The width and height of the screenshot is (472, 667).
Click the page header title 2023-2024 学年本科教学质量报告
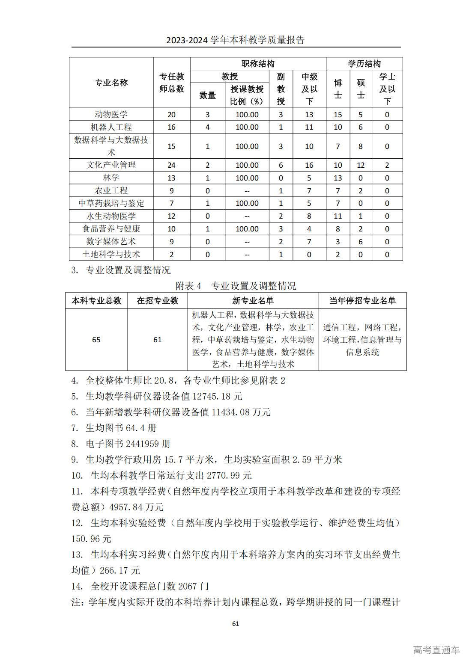click(x=236, y=40)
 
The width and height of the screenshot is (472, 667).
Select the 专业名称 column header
click(x=111, y=83)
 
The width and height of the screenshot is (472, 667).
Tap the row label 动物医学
click(x=111, y=114)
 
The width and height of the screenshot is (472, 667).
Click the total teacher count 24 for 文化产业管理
click(x=171, y=165)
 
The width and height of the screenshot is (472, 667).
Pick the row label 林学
click(x=111, y=178)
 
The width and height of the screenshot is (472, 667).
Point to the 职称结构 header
click(x=258, y=64)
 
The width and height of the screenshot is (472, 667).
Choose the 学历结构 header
click(x=364, y=64)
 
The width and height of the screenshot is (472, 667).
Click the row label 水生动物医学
click(x=111, y=216)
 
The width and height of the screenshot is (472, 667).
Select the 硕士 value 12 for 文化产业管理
click(x=361, y=165)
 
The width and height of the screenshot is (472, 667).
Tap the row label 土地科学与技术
click(x=111, y=254)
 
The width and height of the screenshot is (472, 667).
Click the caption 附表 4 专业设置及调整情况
click(x=236, y=286)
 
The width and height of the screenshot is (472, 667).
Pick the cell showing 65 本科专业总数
click(x=96, y=340)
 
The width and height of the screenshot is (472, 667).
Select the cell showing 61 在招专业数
click(x=158, y=340)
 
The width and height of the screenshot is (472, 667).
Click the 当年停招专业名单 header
click(x=362, y=301)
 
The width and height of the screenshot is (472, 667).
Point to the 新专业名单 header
click(x=253, y=301)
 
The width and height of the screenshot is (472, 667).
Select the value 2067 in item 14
click(x=187, y=586)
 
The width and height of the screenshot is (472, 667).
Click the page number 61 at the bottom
click(x=236, y=623)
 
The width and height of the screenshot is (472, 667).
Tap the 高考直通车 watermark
click(x=436, y=650)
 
